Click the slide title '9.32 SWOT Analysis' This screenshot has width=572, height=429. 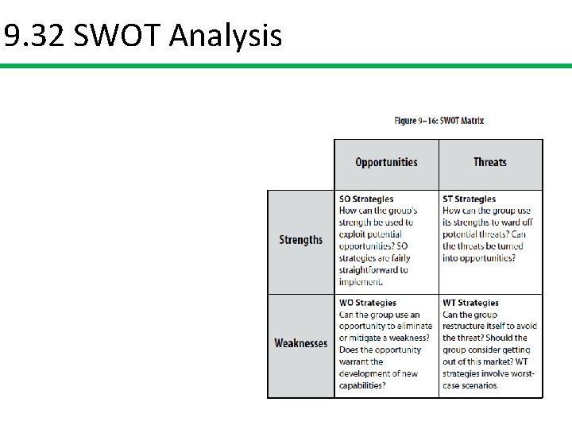pos(143,36)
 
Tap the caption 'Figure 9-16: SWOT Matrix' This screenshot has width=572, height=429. pos(439,121)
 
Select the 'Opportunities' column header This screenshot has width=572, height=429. pos(386,162)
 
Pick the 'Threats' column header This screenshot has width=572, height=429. pos(490,162)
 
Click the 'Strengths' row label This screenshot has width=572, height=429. pos(301,240)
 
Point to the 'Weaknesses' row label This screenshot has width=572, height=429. pos(301,343)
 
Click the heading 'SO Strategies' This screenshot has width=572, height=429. pos(366,199)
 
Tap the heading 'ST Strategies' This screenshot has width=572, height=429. pos(469,199)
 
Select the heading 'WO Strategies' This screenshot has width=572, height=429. pos(367,303)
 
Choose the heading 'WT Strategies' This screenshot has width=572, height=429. pos(470,303)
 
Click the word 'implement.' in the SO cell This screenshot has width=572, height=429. pos(361,282)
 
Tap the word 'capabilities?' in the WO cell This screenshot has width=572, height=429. pos(362,385)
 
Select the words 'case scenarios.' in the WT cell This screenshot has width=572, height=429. pos(471,385)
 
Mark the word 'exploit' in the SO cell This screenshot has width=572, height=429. pos(352,234)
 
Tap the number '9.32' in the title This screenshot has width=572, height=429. pos(34,36)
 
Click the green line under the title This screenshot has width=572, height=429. pos(286,66)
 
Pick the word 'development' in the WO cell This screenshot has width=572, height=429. pos(365,373)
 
